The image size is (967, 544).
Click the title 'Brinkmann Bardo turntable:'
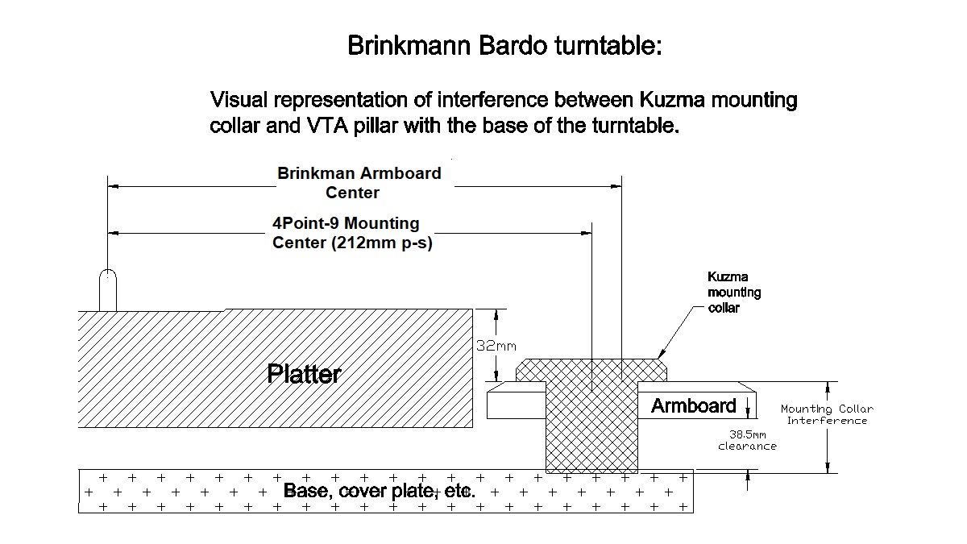504,45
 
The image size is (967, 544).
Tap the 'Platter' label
304,374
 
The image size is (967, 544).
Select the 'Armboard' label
693,405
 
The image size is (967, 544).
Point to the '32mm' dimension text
496,347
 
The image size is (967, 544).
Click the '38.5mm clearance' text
747,439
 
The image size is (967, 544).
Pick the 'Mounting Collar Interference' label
827,414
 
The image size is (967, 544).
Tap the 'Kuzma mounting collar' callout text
733,293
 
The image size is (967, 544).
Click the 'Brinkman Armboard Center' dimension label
359,183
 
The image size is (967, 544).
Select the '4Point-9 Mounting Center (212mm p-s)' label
347,233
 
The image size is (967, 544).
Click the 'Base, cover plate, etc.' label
379,490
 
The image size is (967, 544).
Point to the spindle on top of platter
107,290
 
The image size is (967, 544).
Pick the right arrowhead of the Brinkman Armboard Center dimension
616,186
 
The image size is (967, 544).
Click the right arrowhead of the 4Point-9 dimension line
587,234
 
